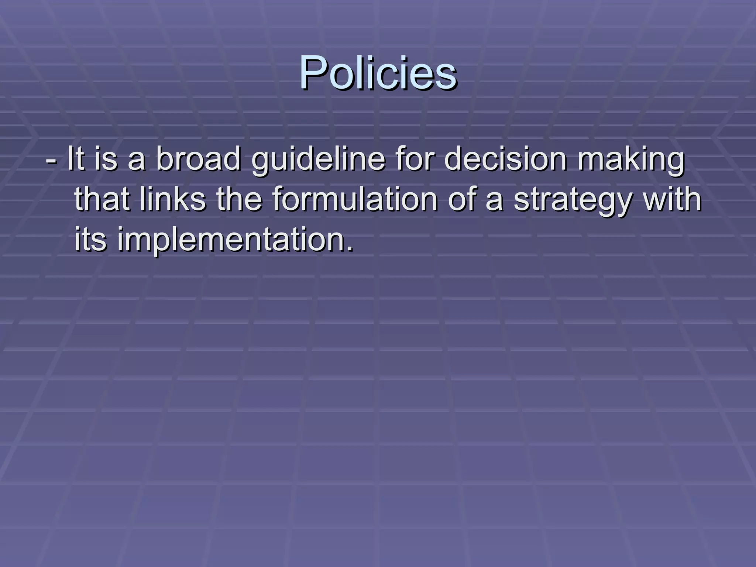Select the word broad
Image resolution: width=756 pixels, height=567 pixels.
(x=198, y=159)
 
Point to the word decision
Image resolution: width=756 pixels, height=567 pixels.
(x=505, y=159)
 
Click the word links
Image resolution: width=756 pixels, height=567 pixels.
(x=172, y=199)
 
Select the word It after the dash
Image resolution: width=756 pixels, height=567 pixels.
(x=76, y=159)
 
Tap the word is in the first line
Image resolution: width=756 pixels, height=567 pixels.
(x=106, y=159)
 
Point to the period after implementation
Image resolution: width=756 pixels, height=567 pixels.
(x=349, y=249)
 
